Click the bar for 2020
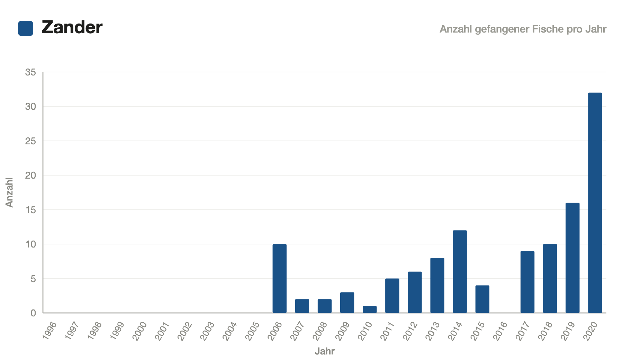click(595, 203)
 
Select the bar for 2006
click(280, 279)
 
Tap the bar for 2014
click(460, 272)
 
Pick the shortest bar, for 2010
click(370, 309)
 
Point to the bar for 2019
click(572, 258)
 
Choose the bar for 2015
click(482, 299)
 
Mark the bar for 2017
click(527, 282)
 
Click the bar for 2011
click(392, 296)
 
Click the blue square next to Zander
click(26, 28)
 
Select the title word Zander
click(72, 27)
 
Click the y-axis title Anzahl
click(9, 192)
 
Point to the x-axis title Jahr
click(325, 351)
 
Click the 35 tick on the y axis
click(30, 72)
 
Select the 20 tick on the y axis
click(30, 175)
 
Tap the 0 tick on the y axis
click(33, 313)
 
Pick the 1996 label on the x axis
click(49, 331)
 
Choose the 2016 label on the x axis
click(500, 331)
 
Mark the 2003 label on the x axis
click(207, 331)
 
